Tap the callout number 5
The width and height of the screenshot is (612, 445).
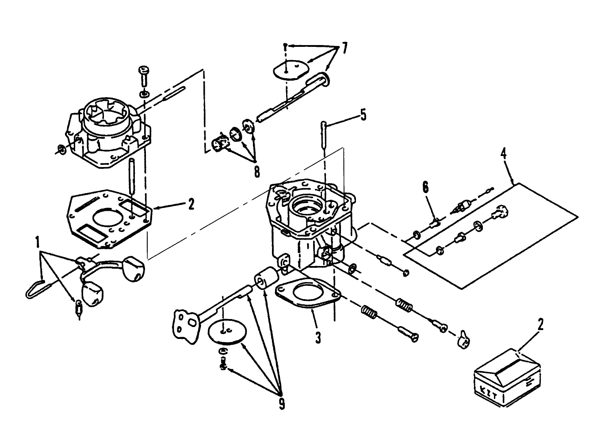coord(363,115)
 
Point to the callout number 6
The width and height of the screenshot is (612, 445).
coord(425,187)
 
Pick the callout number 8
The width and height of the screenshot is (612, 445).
coord(256,171)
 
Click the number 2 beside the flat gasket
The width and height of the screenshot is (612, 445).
coord(191,204)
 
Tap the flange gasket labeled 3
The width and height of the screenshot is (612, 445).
coord(307,295)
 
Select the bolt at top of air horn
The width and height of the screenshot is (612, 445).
coord(144,78)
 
